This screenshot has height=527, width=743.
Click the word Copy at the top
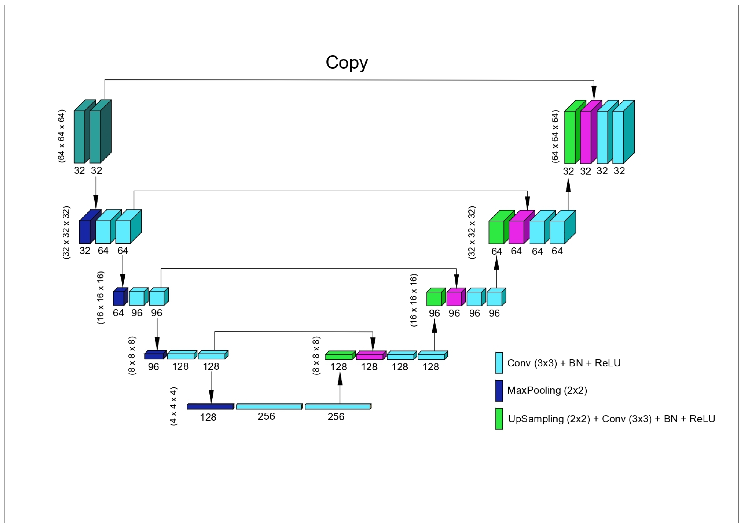[346, 62]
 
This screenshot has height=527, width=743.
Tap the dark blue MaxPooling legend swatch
[499, 390]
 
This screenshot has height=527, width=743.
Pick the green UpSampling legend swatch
[499, 419]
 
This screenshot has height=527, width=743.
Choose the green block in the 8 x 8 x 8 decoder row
[338, 357]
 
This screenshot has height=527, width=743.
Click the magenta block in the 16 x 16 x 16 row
[454, 298]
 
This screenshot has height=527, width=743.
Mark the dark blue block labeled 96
[154, 356]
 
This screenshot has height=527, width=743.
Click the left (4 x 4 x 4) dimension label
[174, 406]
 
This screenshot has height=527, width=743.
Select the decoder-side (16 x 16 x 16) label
[414, 300]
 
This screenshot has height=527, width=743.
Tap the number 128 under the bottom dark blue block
[208, 417]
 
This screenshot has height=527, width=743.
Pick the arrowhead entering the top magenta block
[594, 94]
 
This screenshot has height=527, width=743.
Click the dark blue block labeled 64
[119, 298]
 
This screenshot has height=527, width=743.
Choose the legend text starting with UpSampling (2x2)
[611, 419]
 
